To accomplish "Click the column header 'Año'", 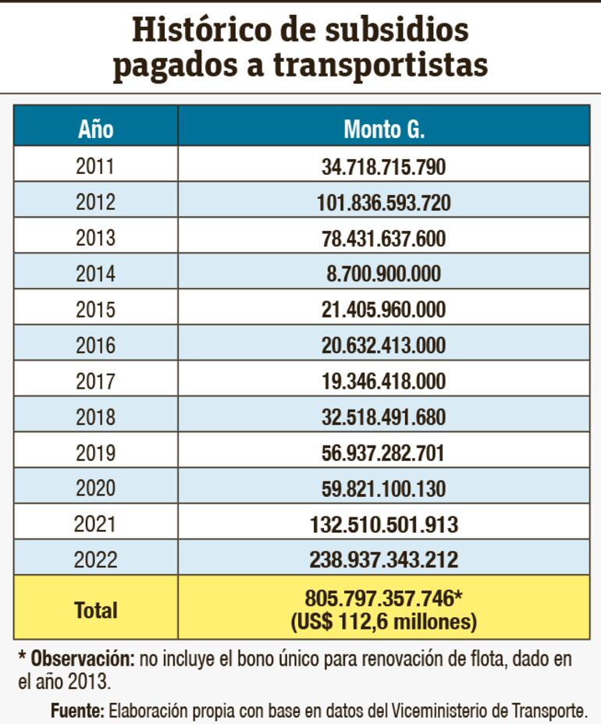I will (95, 128).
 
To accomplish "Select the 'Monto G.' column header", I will (383, 128).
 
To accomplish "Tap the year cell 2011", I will (95, 166).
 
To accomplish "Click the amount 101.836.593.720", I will (383, 202).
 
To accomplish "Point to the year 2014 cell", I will (95, 274).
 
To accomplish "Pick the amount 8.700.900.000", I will (383, 274).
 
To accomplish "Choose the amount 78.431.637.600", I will (383, 238).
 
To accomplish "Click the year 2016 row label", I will (95, 346).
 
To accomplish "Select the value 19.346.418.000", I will (383, 382).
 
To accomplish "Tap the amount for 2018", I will (383, 417).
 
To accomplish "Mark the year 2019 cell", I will (95, 453).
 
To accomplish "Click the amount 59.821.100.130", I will (383, 489).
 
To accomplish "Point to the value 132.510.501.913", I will (383, 524).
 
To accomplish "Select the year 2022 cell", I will (95, 560).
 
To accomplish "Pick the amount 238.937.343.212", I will (383, 560).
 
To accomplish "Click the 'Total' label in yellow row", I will (95, 610).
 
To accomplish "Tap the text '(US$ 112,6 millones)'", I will (383, 622).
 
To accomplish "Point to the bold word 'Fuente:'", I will (77, 711).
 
